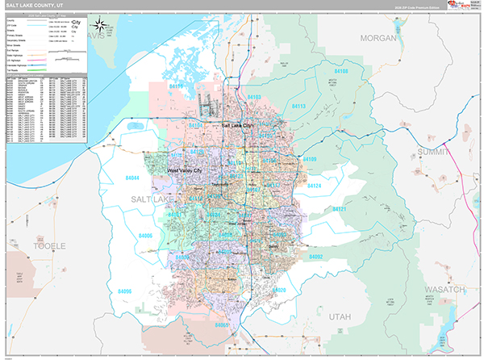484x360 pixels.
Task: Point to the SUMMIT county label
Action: pyautogui.click(x=436, y=152)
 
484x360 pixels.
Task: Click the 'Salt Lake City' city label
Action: pyautogui.click(x=237, y=126)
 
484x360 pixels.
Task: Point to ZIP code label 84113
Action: pyautogui.click(x=299, y=106)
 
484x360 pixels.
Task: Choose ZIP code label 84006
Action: pyautogui.click(x=146, y=235)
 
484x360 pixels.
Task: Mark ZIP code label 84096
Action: pyautogui.click(x=126, y=290)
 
